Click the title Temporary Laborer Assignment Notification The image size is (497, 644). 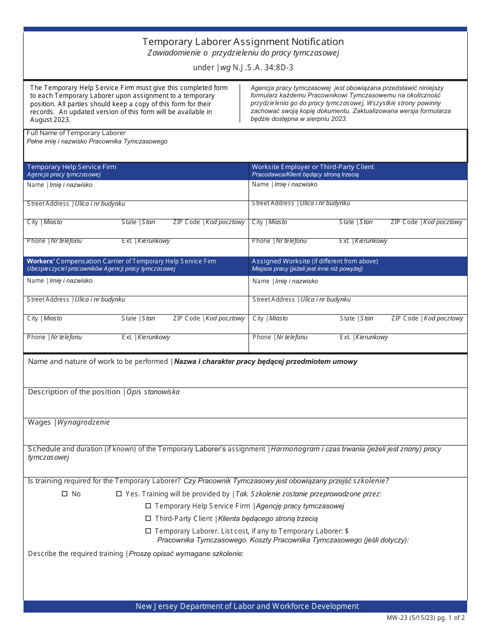[243, 42]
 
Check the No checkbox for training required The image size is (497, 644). [65, 494]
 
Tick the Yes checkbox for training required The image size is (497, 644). [119, 494]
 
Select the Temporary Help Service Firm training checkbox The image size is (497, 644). [148, 506]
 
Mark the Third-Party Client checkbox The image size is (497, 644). [148, 518]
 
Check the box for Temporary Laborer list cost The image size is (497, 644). [148, 531]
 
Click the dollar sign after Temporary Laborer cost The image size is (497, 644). [347, 531]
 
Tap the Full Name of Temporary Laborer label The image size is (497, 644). [76, 133]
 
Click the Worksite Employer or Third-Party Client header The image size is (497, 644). [313, 167]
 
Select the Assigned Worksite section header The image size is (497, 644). [314, 261]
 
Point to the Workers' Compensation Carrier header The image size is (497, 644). [121, 261]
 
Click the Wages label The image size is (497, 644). [39, 422]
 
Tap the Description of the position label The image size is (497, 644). [74, 392]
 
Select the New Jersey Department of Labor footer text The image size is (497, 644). [247, 606]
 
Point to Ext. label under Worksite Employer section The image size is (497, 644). [344, 241]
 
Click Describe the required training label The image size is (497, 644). [75, 553]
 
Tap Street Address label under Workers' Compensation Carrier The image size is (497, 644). [48, 299]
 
